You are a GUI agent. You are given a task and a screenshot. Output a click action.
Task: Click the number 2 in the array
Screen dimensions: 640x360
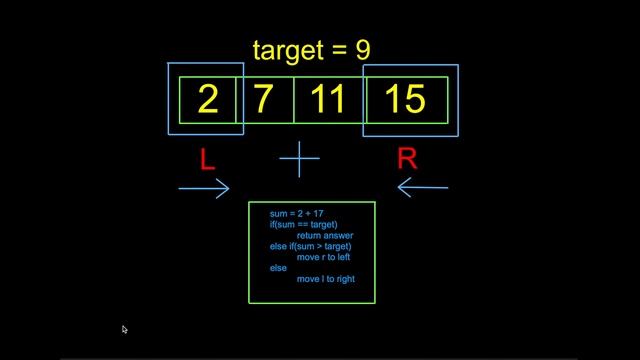click(208, 100)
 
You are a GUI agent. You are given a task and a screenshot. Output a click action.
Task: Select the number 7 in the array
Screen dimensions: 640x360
click(265, 100)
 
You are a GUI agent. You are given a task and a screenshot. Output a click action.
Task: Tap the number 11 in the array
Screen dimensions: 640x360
click(327, 100)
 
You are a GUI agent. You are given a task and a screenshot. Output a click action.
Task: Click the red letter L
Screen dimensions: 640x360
click(207, 159)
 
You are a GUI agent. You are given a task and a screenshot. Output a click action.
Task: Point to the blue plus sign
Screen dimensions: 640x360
click(299, 159)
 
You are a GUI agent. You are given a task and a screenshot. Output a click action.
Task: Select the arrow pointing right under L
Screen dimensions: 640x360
click(204, 187)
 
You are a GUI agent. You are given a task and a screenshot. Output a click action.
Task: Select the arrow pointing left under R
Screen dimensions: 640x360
click(423, 187)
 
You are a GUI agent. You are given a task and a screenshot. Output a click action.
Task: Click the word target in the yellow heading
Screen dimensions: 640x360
click(291, 49)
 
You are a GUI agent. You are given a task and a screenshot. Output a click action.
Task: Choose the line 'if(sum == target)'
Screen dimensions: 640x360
click(304, 225)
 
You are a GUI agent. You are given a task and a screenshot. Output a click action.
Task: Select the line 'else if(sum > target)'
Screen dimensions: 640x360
click(311, 246)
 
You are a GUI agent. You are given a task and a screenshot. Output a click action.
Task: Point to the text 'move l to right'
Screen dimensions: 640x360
click(326, 279)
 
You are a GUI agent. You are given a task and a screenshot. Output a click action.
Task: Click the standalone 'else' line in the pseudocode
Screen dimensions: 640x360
click(278, 268)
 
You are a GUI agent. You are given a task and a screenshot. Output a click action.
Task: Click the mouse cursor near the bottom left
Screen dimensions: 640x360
click(124, 328)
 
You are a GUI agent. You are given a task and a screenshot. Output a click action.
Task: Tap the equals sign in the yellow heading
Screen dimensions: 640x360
click(340, 50)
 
